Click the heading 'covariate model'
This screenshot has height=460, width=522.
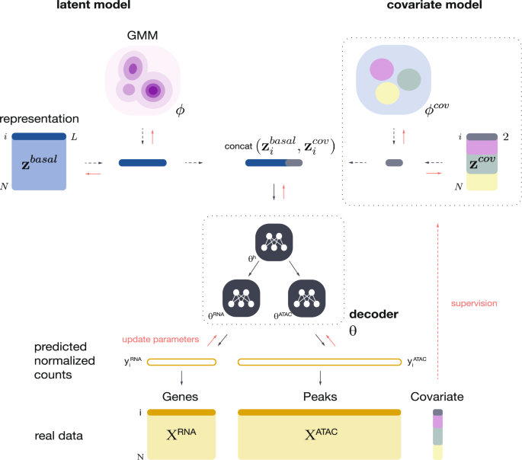coord(436,7)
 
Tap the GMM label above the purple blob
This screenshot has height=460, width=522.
coord(142,35)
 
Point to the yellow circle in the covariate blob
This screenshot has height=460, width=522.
coord(388,92)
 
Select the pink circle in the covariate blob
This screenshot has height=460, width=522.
coord(380,70)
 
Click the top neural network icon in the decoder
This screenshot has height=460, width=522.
coord(272,239)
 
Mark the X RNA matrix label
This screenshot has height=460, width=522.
coord(182,436)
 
